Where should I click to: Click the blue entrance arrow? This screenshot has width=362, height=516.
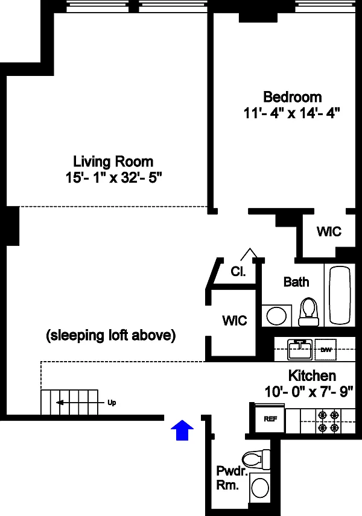coord(182,430)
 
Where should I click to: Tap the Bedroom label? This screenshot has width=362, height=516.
coord(293,97)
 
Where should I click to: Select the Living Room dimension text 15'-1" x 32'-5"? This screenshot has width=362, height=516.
coord(113,178)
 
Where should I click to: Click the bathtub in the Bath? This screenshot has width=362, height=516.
coord(340,295)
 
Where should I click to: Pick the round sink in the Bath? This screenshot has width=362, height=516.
coord(276,316)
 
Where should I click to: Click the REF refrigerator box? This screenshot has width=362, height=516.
coord(270,418)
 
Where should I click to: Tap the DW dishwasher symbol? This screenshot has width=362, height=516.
coord(326,350)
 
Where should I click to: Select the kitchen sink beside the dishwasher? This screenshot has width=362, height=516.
coord(300,350)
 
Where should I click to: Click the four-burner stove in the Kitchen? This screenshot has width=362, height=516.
coord(328,421)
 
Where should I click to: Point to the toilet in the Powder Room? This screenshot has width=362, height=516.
coord(256,460)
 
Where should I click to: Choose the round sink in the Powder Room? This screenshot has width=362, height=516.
coord(260,488)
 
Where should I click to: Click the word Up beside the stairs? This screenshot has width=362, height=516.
coord(112,403)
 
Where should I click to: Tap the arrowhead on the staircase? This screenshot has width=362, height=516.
coord(60,403)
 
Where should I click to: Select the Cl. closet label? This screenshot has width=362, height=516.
coord(238,271)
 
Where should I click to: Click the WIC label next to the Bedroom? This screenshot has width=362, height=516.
coord(329,231)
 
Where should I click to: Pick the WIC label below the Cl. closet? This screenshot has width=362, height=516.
coord(235,320)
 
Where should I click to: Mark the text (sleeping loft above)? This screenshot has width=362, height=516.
coord(110,335)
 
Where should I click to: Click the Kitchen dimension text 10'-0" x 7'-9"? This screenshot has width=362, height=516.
coord(309,392)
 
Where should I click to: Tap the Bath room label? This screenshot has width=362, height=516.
coord(296,282)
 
